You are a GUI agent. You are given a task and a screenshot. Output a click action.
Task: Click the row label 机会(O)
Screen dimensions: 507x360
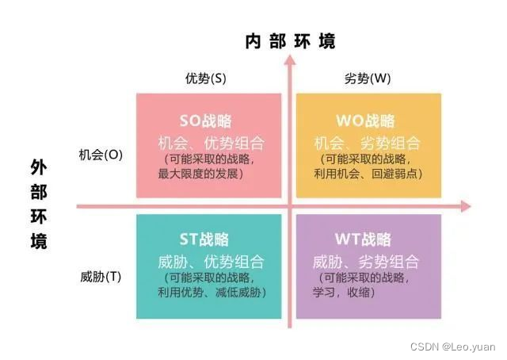tap(101, 155)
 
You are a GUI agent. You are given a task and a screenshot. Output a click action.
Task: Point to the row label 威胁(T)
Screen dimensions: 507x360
tap(101, 277)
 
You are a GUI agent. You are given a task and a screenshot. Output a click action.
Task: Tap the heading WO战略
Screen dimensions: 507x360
tap(365, 121)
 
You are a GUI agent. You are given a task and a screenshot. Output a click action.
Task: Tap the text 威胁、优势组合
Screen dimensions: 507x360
tap(209, 262)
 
